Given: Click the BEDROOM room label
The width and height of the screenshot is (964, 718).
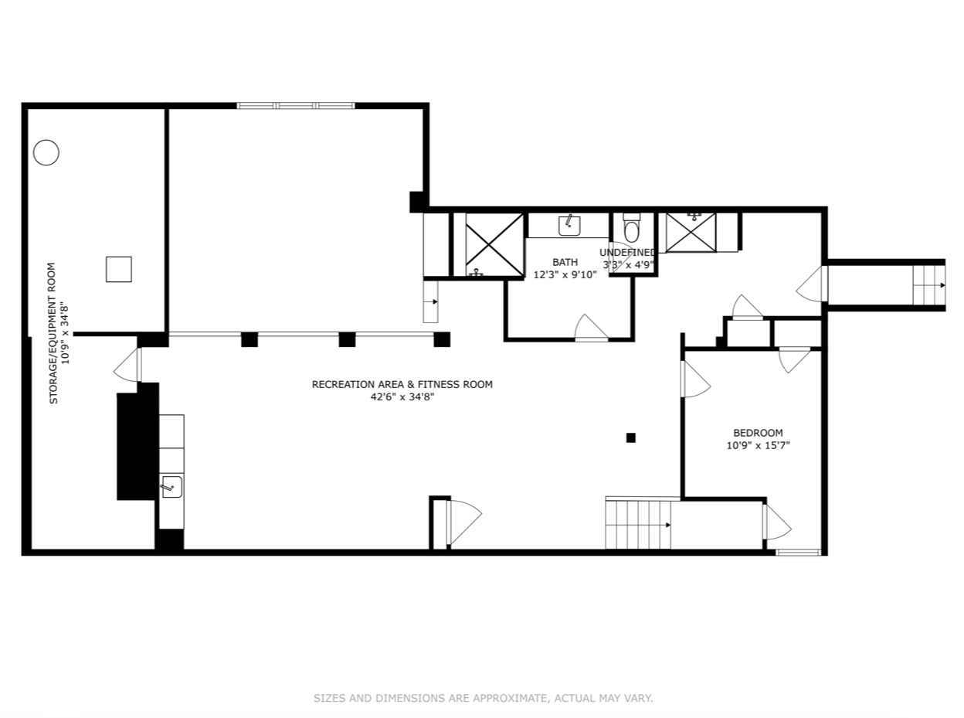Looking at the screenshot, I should tap(758, 433).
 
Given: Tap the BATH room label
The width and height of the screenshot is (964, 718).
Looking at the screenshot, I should tap(565, 263).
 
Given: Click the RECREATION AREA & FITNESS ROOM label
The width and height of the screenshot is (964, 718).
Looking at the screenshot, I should tap(402, 384).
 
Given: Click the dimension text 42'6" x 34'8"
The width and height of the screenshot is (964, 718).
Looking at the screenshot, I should tap(402, 397).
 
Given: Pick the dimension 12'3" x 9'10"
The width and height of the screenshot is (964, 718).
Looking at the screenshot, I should tap(565, 274).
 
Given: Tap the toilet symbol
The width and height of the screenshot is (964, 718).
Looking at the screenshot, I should tap(632, 229).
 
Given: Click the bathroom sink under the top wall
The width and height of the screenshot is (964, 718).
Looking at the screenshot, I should tap(569, 225).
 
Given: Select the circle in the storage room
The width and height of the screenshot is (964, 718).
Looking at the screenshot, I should tap(46, 152).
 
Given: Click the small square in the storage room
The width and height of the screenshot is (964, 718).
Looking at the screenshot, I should tap(119, 269).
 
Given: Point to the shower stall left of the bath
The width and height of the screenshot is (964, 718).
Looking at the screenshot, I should tap(494, 245).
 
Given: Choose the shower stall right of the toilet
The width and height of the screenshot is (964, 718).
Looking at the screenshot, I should tap(691, 232).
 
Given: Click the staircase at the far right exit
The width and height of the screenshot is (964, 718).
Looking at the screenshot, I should tap(928, 285).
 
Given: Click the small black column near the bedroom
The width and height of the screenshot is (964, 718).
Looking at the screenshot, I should tap(631, 437).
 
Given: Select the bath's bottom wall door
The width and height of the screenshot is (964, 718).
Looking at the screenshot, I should tap(591, 328).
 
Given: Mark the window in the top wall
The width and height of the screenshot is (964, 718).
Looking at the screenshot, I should tap(296, 105).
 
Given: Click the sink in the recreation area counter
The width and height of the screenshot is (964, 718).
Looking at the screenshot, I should tap(171, 487).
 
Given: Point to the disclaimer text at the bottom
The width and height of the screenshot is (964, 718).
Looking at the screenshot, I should tap(483, 699).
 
